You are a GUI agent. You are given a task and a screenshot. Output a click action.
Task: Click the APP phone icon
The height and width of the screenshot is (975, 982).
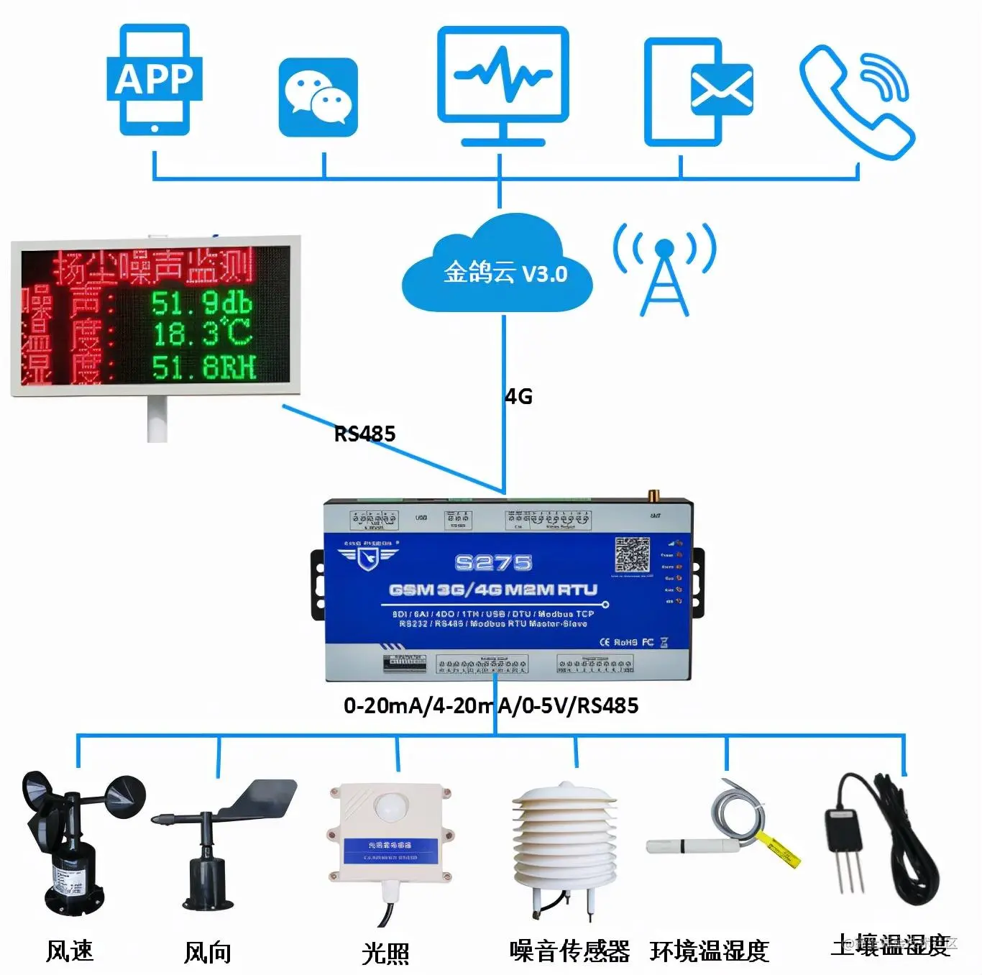[155, 80]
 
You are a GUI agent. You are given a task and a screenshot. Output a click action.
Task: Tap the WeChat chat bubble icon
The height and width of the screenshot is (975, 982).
[318, 97]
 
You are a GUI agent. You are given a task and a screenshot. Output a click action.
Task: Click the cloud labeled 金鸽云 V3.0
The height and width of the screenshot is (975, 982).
[500, 270]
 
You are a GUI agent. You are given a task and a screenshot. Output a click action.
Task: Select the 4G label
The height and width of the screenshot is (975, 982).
[519, 396]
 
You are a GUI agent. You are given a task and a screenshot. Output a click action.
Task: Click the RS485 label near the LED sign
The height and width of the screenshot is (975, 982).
[365, 434]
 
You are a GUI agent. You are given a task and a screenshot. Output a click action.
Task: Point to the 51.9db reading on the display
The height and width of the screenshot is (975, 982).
[201, 303]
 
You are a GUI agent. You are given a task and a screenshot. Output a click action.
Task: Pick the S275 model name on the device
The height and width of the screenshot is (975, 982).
[493, 562]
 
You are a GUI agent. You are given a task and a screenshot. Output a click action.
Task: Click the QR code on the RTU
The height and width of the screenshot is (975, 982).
[632, 554]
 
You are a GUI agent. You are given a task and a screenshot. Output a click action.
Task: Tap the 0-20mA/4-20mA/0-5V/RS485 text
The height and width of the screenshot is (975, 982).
[491, 705]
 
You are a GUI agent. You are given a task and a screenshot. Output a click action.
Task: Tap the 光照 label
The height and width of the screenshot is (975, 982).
[385, 953]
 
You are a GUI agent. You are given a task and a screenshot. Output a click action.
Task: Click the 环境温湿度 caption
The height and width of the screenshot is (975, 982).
[710, 951]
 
